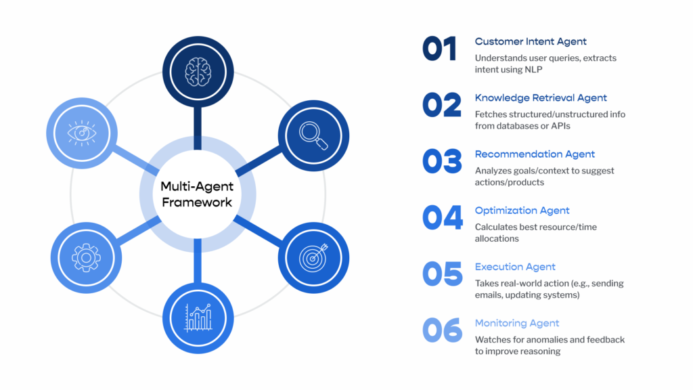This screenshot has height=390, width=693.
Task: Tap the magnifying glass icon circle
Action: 312,135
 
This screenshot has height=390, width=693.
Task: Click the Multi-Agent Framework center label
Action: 197,194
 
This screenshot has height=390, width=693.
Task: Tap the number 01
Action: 440,49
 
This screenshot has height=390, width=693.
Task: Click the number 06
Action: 442,330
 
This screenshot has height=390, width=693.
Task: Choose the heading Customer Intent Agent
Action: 531,42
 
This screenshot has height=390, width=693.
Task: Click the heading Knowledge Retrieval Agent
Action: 541,98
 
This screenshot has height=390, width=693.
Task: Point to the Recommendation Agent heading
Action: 535,154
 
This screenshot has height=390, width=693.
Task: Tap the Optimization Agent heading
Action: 522,211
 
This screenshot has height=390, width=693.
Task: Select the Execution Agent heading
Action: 515,267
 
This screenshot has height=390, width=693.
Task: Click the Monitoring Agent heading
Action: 517,323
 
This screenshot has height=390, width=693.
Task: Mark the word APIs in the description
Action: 568,126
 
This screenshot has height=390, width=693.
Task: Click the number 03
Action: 442,161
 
